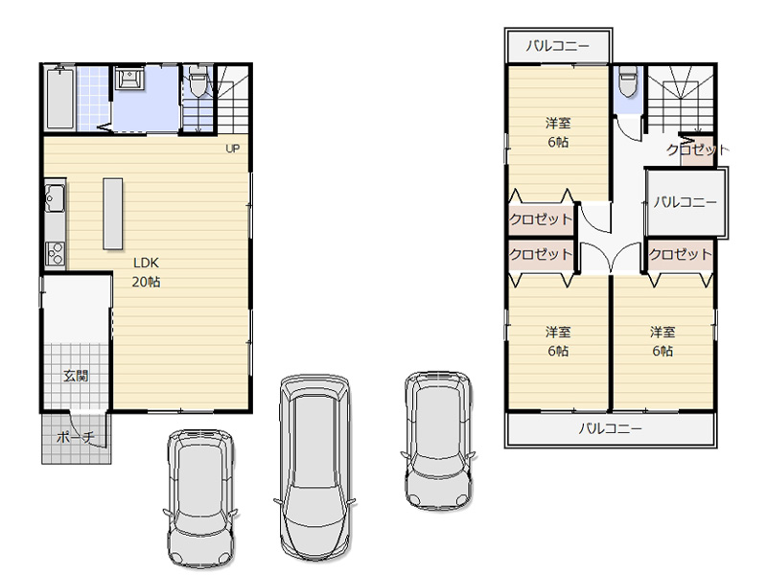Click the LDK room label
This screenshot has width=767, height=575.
point(147,263)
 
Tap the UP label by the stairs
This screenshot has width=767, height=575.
point(232,149)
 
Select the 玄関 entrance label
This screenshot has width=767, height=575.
point(76,376)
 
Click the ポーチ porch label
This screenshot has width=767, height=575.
point(75,437)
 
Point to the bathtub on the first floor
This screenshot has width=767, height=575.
point(60,99)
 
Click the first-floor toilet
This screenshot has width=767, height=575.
point(198,83)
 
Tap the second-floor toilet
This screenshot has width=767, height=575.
point(628,81)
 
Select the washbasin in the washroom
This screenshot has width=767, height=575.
point(129,79)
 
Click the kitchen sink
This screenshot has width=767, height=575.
point(55,198)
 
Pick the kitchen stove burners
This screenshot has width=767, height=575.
point(55,253)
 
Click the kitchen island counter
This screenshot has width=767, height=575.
point(112,214)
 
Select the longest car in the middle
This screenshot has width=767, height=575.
point(314,469)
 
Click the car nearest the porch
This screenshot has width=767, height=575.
point(200,498)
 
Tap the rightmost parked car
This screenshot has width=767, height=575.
point(438,441)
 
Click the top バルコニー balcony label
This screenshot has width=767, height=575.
point(558,46)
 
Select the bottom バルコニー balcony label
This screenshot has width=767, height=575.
point(611,428)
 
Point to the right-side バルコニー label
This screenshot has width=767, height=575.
point(686,202)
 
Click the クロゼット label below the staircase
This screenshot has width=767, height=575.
point(698,149)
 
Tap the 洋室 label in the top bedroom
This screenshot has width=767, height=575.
point(558,123)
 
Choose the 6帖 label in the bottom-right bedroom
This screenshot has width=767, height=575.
point(662,351)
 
